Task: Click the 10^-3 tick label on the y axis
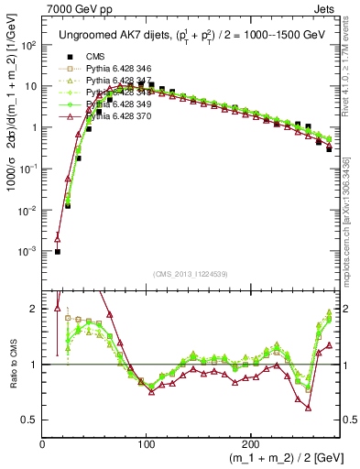coord(27,251)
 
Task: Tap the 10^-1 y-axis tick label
coord(27,169)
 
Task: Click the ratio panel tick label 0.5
coord(29,420)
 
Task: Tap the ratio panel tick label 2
coord(34,309)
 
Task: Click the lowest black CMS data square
coord(58,251)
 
